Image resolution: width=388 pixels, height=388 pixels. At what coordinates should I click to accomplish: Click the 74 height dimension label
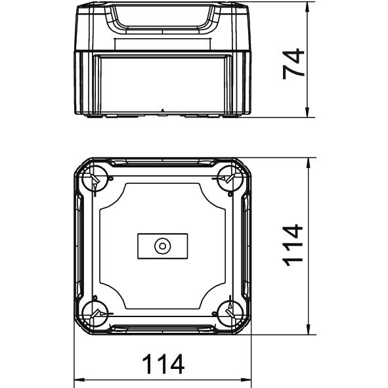(293, 64)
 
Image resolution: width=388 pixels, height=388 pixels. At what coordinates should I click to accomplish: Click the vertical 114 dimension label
(293, 245)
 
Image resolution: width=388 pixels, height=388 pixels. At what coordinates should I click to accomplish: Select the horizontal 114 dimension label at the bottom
(163, 364)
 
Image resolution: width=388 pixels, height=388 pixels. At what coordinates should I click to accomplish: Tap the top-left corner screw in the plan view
(95, 179)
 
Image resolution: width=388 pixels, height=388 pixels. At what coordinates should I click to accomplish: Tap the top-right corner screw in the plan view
(230, 179)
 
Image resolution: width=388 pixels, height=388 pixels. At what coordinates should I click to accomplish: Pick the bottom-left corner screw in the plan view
(95, 314)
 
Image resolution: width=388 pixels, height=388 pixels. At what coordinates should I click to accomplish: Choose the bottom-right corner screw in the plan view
(230, 314)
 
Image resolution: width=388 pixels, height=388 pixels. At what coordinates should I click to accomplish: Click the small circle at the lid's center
(163, 246)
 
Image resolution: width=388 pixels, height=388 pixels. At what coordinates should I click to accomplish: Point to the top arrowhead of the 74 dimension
(307, 7)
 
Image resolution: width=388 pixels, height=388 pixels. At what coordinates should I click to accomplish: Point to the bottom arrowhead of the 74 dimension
(307, 112)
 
